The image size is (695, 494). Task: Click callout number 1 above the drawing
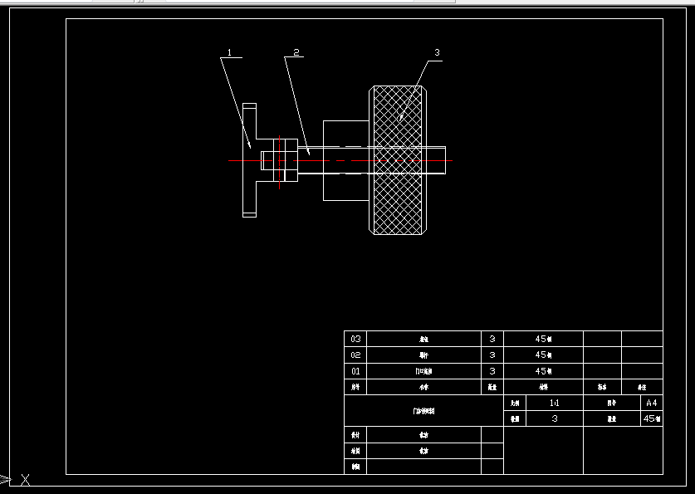coord(230,52)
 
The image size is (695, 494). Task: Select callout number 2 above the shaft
coord(294,52)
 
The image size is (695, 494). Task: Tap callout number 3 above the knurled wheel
coord(437,52)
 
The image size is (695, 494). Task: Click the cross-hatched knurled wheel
coord(399,199)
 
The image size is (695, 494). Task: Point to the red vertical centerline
coord(280,162)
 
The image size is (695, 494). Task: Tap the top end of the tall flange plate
coord(249,106)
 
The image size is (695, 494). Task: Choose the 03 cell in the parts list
coord(355,339)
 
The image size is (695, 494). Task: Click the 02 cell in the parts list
coord(355,355)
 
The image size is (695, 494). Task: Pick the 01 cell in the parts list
coord(355,371)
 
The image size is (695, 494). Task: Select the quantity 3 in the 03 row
coord(492,339)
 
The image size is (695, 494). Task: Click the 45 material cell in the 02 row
coord(543,355)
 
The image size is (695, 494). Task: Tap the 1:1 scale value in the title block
coord(555,403)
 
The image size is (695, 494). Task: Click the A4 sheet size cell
coord(652,403)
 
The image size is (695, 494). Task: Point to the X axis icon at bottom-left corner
coord(26,478)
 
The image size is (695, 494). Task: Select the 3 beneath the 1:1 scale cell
coord(555,419)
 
